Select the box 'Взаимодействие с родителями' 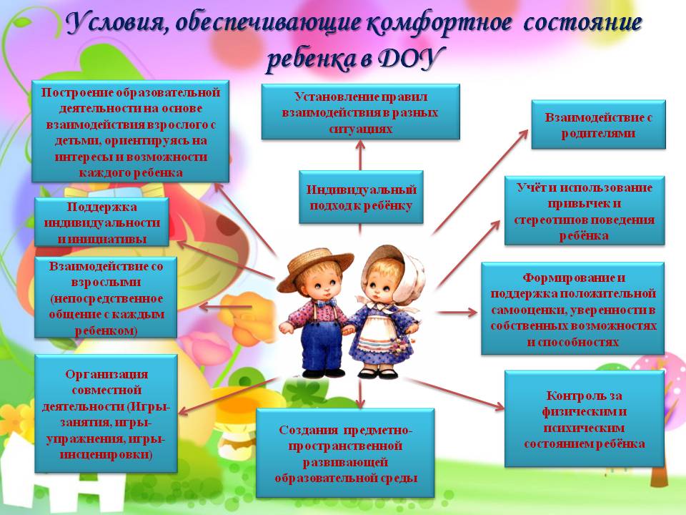click(598, 124)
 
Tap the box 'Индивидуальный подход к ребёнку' click(361, 197)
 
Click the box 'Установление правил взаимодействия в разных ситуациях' click(360, 112)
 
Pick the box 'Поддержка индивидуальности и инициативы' click(101, 222)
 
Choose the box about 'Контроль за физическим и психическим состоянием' click(585, 419)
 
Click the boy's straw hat click(314, 266)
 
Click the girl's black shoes click(378, 373)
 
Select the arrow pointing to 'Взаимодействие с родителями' click(480, 181)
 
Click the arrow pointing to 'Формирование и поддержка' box click(457, 313)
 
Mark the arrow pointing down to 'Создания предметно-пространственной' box click(359, 393)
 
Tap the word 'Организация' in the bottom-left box click(106, 374)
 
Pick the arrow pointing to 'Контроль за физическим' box click(454, 393)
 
